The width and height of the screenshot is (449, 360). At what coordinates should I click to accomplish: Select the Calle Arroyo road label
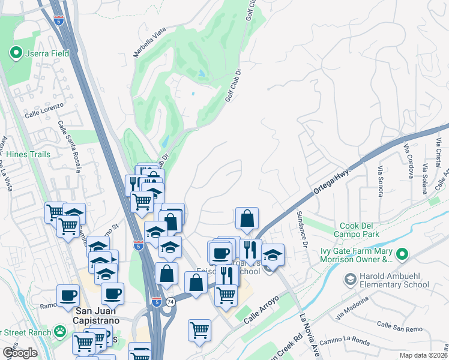(x=262, y=310)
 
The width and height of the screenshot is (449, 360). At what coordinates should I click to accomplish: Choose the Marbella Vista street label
(x=149, y=43)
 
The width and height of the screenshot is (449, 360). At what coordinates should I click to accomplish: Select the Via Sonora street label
(x=380, y=181)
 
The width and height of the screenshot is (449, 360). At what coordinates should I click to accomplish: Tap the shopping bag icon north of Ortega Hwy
(x=247, y=220)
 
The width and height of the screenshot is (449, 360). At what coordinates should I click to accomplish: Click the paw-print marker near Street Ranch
(x=59, y=331)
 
